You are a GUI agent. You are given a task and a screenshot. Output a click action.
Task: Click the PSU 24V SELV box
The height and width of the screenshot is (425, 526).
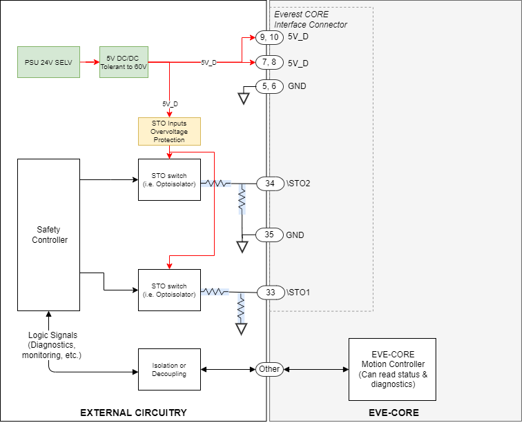point(48,62)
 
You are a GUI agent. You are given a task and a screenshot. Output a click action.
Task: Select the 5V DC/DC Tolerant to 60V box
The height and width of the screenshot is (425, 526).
point(124,62)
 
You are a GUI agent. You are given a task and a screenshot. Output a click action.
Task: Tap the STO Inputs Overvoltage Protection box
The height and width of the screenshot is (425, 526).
point(169,131)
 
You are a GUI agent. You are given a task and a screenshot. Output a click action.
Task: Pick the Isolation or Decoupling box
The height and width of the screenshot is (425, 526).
point(168,369)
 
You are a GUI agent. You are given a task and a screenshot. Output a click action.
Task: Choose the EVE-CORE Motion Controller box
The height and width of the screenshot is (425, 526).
point(392,369)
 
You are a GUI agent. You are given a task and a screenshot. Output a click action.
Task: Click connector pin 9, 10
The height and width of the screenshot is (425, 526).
point(269,37)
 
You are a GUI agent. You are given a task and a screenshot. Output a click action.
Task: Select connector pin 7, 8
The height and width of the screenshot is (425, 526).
point(269,63)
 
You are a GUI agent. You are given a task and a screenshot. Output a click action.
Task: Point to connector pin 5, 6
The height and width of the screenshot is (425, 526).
point(269,86)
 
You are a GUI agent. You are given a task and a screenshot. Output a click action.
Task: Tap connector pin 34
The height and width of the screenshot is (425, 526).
point(270,184)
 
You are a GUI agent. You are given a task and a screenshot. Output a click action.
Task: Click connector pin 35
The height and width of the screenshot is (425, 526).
point(270,235)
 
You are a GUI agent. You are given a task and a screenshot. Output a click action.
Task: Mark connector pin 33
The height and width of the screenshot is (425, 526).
point(271,293)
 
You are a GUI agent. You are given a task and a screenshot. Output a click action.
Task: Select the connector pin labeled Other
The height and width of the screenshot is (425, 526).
point(269,369)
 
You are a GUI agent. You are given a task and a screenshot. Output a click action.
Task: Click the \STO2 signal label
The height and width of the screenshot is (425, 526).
point(299,184)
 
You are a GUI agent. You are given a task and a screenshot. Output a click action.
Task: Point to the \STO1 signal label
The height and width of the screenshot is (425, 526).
point(298,293)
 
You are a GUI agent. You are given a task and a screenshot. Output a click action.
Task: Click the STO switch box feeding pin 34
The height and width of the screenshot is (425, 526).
point(169,179)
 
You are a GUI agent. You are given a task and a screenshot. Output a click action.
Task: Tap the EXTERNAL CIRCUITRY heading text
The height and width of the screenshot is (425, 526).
point(134,413)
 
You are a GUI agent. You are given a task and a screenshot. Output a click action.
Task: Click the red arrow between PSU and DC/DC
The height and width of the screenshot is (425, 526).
point(88,62)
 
